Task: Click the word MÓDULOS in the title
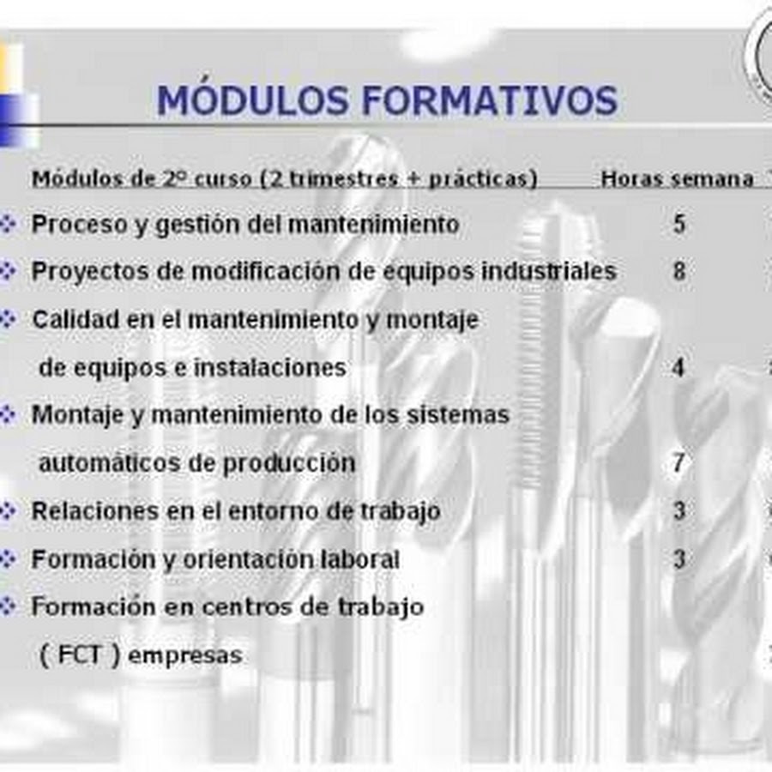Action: [252, 100]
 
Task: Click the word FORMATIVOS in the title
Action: [490, 100]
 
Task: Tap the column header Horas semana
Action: [677, 179]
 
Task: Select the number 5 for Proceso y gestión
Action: [679, 224]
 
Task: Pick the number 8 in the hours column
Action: [679, 271]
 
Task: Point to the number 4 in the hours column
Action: [679, 367]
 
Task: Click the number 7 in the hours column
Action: [679, 463]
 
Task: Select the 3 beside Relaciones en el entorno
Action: [679, 510]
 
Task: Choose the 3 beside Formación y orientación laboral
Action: [679, 558]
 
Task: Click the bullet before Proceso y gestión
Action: [8, 224]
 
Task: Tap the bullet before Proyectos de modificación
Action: [8, 271]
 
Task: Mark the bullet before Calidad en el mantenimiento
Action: [8, 319]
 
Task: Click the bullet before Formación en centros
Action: [8, 606]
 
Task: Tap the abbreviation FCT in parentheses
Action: [79, 654]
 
